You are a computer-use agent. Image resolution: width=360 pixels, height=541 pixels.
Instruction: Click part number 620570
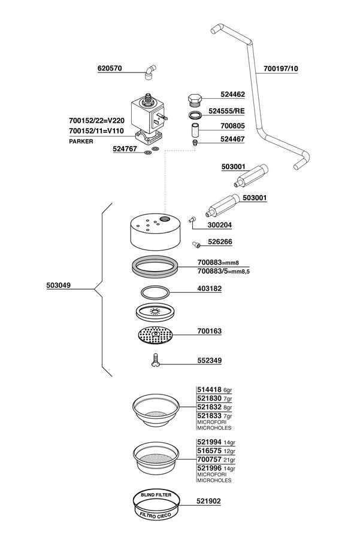coord(110,68)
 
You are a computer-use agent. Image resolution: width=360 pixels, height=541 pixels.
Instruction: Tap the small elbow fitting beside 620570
coord(150,72)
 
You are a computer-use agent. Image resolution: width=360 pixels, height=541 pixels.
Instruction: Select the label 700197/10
coord(280,69)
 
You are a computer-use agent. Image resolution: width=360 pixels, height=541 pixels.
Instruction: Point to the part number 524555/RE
coord(226,111)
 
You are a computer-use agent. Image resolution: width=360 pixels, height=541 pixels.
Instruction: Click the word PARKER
coord(81,141)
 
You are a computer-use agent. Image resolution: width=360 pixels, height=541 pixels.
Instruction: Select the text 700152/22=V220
coord(96,121)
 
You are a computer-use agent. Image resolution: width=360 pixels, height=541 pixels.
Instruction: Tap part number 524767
coord(125,149)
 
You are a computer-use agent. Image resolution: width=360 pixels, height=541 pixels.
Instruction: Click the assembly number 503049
coord(58,285)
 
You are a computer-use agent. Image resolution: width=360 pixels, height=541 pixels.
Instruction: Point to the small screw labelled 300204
coord(192,219)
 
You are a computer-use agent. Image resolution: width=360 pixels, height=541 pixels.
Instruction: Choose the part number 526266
coord(220,242)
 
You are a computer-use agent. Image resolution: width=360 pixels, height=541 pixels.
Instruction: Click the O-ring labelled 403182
coord(156,293)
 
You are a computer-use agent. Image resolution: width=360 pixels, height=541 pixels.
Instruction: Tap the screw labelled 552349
coord(156,360)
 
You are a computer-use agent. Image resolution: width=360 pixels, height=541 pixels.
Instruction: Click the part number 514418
coord(210,390)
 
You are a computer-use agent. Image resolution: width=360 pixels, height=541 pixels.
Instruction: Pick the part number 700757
coord(210,460)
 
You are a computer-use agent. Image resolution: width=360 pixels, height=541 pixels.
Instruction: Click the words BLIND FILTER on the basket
coord(156,495)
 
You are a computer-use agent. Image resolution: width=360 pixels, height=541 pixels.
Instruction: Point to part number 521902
coord(208,501)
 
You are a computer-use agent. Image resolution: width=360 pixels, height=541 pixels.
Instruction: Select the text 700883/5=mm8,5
coord(223,272)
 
